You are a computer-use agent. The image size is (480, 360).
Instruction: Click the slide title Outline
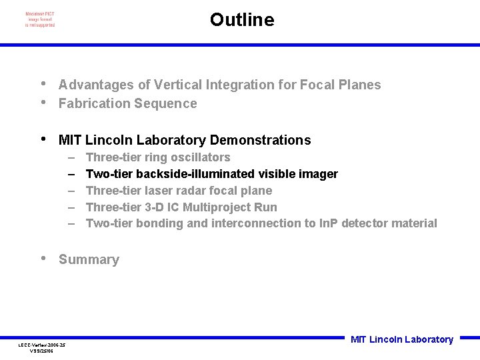coord(241,20)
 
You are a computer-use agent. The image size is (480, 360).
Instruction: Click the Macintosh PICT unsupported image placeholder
coord(40,19)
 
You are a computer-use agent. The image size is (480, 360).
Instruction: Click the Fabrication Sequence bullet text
coord(127,103)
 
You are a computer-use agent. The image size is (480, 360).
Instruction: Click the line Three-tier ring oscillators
coord(158,157)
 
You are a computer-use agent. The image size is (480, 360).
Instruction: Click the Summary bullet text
coord(89,260)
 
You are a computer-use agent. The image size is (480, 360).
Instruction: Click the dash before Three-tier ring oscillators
coord(71,157)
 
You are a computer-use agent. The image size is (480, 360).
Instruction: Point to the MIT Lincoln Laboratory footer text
coord(401,339)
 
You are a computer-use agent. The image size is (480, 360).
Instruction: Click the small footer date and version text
coord(41,347)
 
